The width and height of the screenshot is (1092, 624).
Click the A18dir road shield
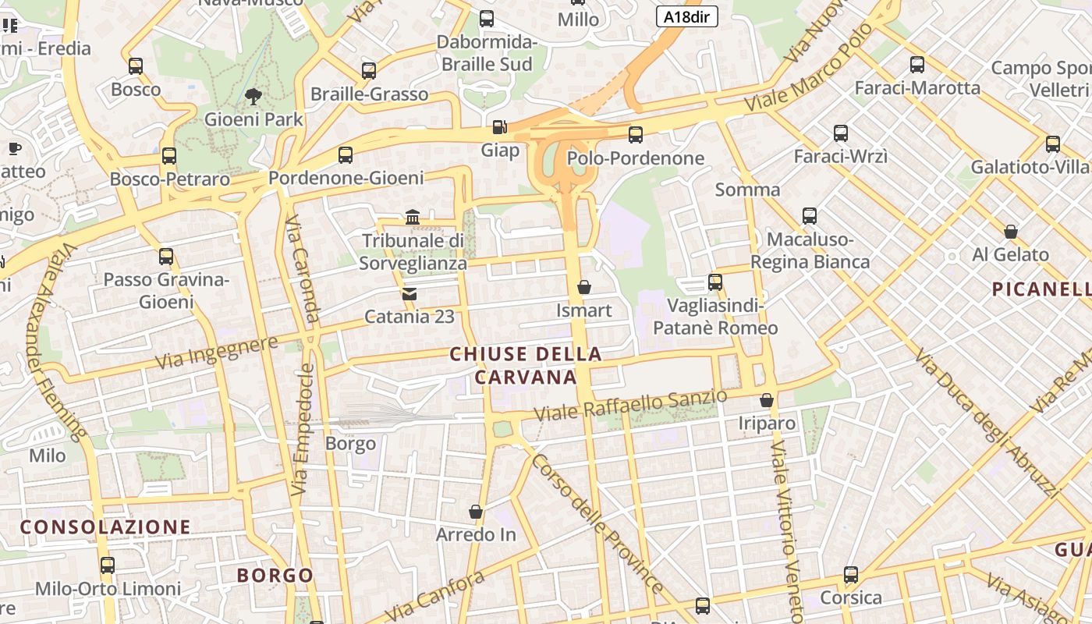[686, 16]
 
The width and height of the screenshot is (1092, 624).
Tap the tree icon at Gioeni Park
[253, 97]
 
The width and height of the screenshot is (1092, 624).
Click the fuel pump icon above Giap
[499, 126]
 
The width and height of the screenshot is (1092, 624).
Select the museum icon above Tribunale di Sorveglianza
[413, 217]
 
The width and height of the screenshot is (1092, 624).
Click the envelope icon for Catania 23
[409, 294]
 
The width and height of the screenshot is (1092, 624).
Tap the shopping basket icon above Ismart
[583, 288]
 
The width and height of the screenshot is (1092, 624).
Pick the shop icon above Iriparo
[767, 400]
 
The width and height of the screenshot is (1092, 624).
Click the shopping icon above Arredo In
[476, 512]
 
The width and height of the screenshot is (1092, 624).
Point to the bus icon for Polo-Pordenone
[636, 135]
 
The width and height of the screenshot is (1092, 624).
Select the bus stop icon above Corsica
[851, 575]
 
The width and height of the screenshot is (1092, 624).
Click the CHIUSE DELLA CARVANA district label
[526, 366]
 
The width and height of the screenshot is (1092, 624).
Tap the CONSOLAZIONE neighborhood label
[105, 527]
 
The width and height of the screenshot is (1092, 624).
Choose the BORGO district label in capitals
[275, 576]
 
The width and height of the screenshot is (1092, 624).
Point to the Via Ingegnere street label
[216, 353]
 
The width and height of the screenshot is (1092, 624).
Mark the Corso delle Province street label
[597, 523]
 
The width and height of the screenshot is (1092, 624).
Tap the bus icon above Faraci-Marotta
[917, 65]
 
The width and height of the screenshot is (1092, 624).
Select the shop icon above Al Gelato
[1011, 232]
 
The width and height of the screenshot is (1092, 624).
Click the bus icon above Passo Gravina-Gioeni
[166, 257]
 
